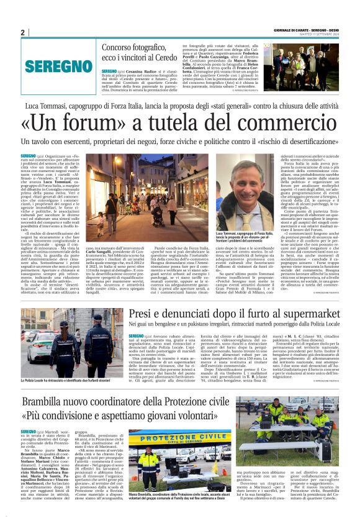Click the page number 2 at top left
(23, 32)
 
